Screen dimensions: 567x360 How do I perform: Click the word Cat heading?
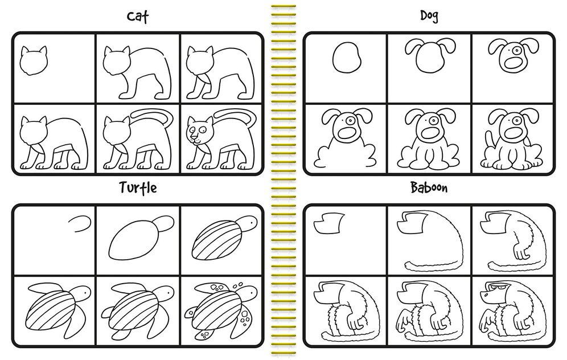coord(138,17)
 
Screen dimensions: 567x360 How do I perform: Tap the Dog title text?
coord(429,15)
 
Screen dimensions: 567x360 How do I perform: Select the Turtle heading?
coord(138,188)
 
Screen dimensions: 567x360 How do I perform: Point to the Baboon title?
coord(429,187)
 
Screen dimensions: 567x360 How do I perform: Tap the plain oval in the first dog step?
coord(347,58)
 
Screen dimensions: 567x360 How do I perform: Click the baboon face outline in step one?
coord(328,223)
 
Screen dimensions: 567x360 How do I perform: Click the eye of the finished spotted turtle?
coord(252,292)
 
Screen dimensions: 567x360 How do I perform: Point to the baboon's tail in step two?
coord(430,266)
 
